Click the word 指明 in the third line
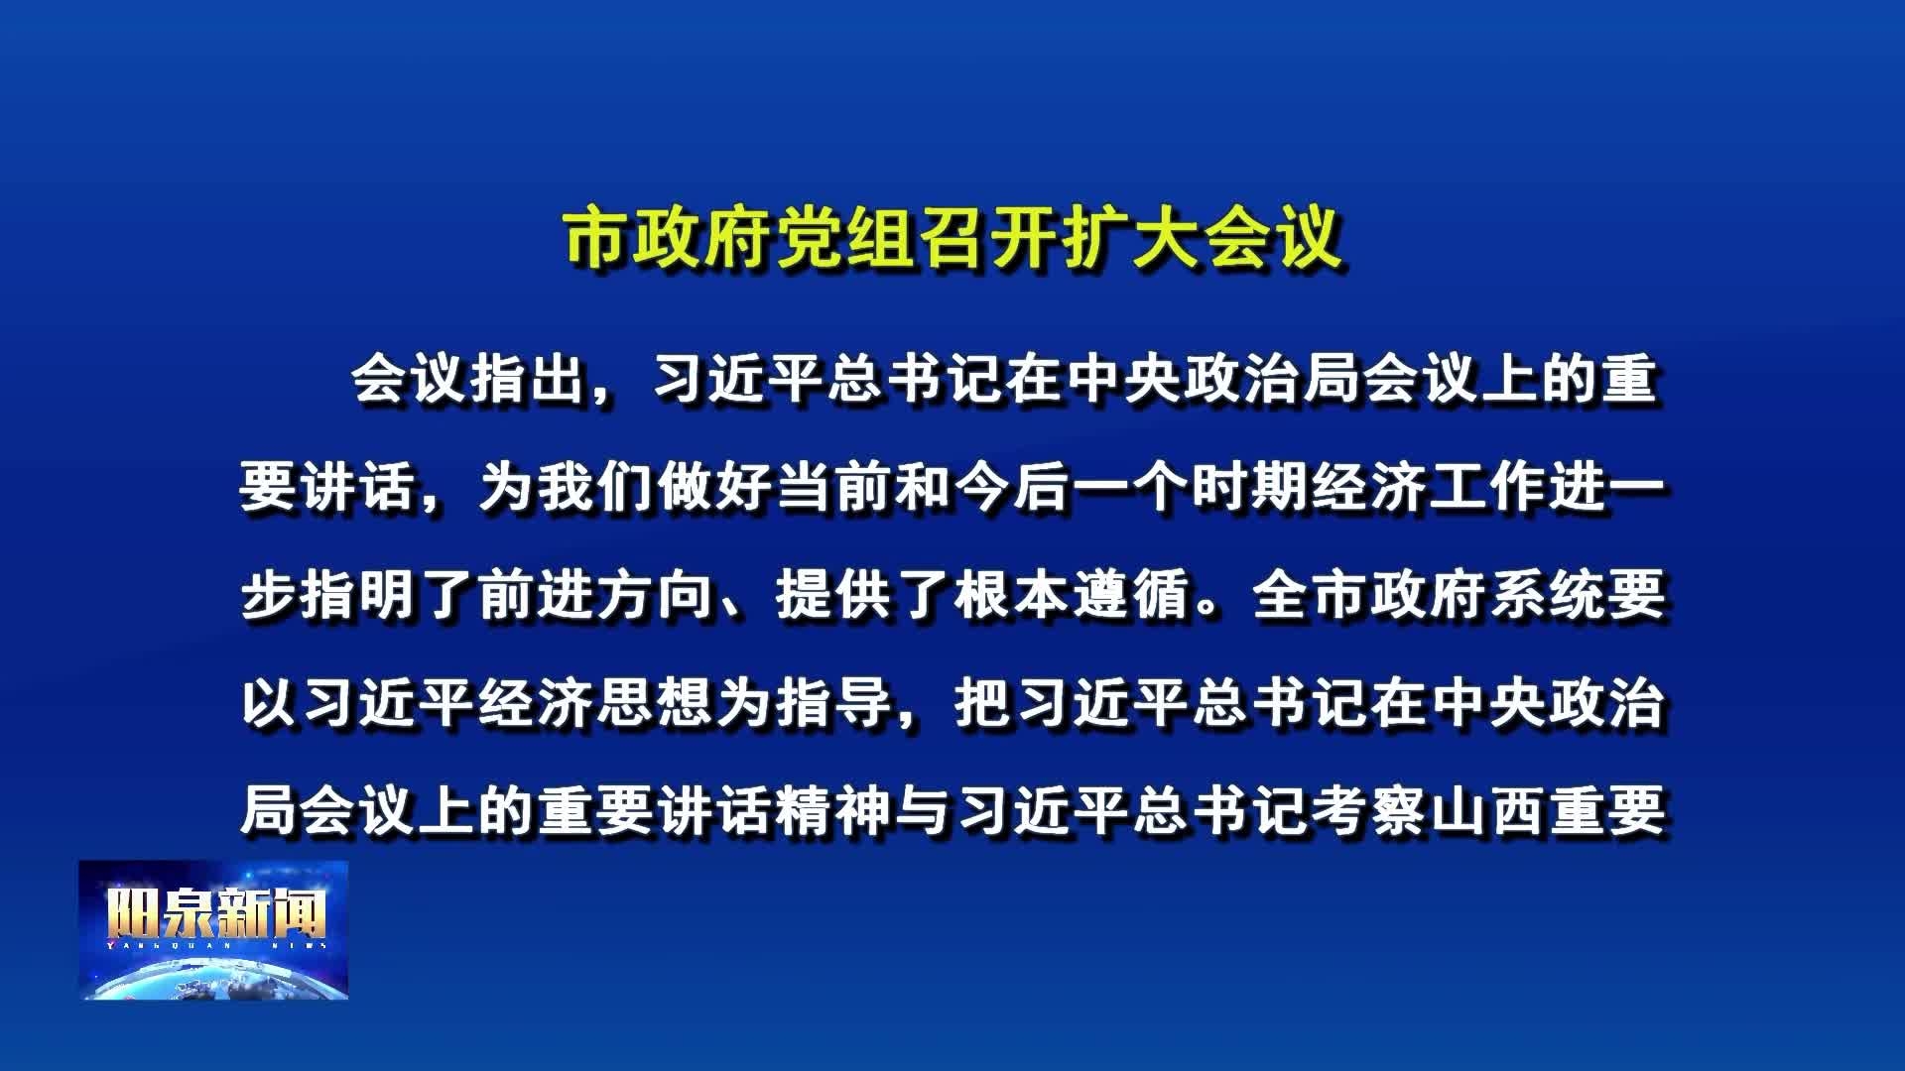click(x=358, y=596)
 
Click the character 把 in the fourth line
click(x=983, y=704)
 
